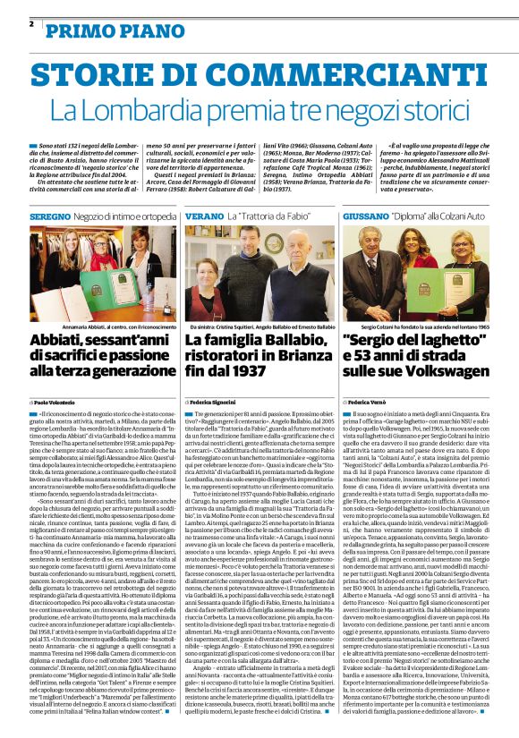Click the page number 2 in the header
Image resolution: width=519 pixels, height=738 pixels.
point(31,23)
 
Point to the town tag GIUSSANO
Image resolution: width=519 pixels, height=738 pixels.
point(365,216)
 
